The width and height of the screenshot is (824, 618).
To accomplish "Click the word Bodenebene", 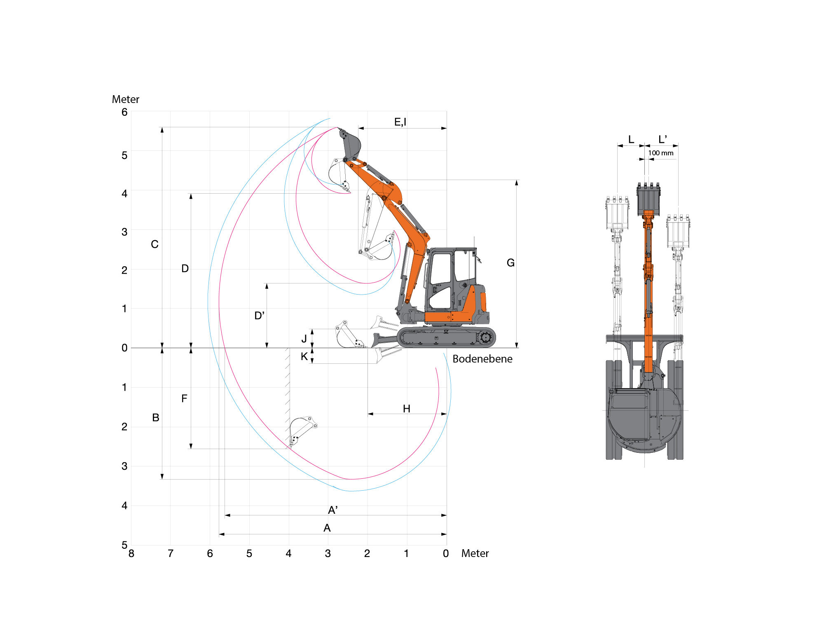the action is (x=482, y=359).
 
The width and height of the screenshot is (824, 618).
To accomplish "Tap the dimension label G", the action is (x=510, y=263).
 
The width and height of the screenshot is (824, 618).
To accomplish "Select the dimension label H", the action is (x=407, y=409).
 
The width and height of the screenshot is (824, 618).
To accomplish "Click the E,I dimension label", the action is (x=400, y=122).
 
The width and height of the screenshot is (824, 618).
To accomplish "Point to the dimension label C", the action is (x=154, y=244).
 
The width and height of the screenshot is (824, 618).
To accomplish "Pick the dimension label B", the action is (x=156, y=418).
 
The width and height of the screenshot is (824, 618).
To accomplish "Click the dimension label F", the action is (x=184, y=398).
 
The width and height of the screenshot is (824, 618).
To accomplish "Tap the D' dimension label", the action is (x=259, y=316).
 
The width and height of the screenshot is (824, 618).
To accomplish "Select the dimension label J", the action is (x=304, y=339).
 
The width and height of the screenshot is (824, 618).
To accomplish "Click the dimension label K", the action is (x=304, y=356).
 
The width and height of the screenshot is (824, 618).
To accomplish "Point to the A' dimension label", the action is (x=333, y=510).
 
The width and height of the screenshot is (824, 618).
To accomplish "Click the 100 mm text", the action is (x=661, y=153).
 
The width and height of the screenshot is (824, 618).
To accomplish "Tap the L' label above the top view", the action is (x=662, y=139).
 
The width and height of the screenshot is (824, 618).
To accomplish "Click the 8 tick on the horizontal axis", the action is (x=131, y=553).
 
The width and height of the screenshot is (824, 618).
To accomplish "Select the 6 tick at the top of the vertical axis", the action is (x=124, y=112).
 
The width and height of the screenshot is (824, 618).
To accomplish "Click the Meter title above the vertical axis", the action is (x=126, y=99).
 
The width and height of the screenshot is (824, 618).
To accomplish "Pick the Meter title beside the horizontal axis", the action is (x=475, y=553).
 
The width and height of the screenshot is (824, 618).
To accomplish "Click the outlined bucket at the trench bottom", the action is (x=302, y=431).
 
